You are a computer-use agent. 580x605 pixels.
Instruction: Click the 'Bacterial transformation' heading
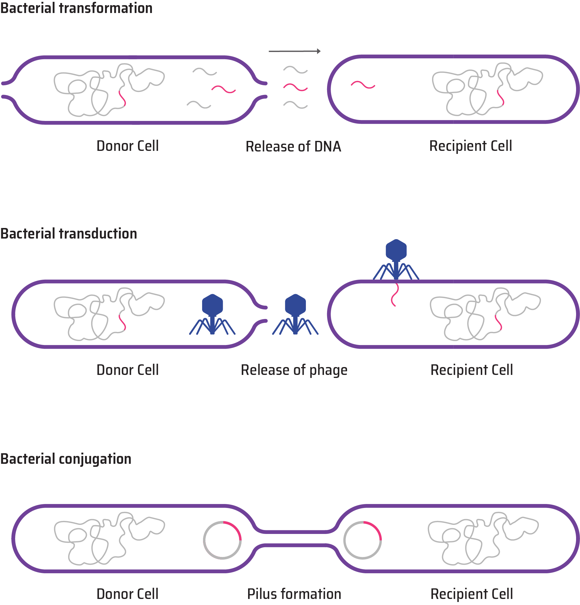[76, 8]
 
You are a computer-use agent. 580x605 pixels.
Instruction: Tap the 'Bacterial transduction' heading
[69, 234]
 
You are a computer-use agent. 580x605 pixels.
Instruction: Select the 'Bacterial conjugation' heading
[66, 459]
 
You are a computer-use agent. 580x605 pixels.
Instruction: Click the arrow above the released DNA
[294, 51]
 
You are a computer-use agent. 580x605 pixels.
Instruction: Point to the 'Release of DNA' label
[293, 146]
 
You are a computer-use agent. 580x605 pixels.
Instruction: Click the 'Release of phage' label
[294, 370]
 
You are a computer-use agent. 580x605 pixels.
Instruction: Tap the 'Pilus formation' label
[294, 594]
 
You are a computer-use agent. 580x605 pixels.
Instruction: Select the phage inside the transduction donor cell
[212, 315]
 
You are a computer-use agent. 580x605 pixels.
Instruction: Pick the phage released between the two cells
[295, 315]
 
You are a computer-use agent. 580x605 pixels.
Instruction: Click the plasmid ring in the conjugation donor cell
[222, 540]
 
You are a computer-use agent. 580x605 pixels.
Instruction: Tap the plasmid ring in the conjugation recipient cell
[362, 540]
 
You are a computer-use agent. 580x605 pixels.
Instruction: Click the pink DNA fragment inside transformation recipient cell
[363, 85]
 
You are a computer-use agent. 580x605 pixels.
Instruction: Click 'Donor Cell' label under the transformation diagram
[128, 146]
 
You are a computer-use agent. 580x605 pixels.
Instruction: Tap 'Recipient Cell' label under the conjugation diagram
[472, 594]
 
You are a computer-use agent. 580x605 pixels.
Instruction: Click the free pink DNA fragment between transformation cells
[295, 87]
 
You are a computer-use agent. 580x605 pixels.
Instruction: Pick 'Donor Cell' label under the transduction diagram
[128, 370]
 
